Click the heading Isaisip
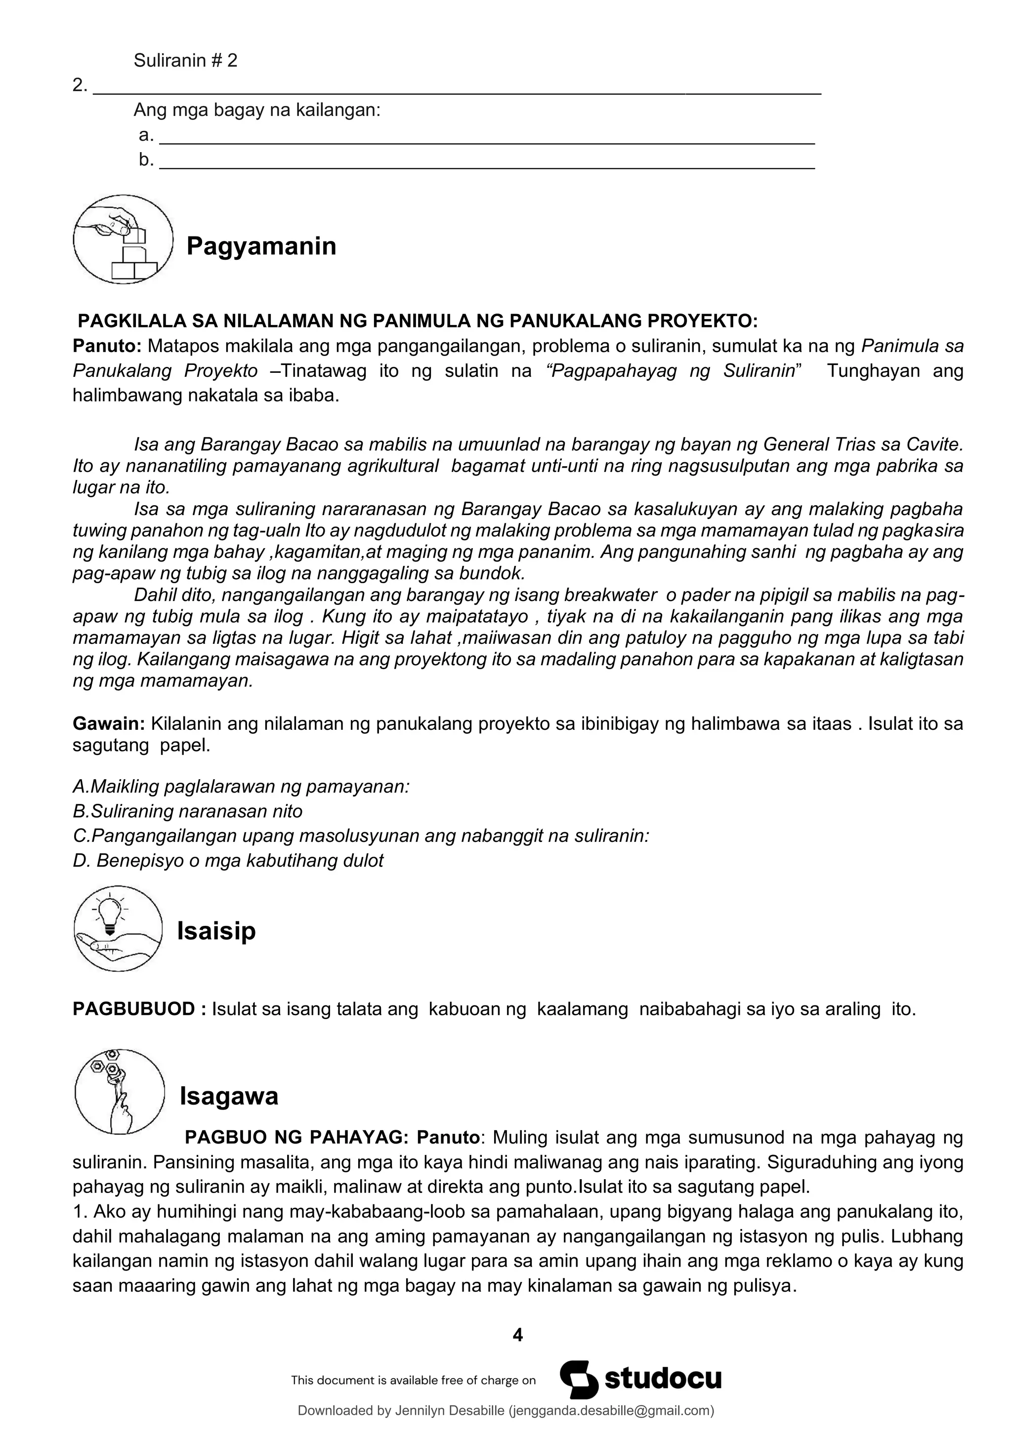(x=216, y=931)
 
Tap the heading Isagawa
(x=229, y=1096)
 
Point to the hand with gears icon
(x=119, y=1092)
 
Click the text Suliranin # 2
(x=185, y=60)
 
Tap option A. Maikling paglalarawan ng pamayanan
(x=241, y=787)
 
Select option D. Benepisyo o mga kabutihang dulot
(x=228, y=861)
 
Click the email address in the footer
(x=611, y=1411)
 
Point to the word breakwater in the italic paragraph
(x=609, y=596)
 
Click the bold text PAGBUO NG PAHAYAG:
(x=296, y=1138)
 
